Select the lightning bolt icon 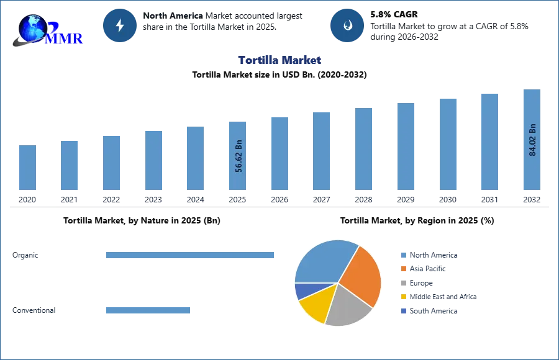120,25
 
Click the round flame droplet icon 348,25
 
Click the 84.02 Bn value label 532,140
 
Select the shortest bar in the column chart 27,168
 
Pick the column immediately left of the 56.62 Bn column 194,158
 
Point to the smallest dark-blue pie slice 304,290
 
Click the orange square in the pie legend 403,269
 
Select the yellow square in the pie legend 403,297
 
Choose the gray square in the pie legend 403,283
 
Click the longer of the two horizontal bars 191,253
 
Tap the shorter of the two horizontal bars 149,310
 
